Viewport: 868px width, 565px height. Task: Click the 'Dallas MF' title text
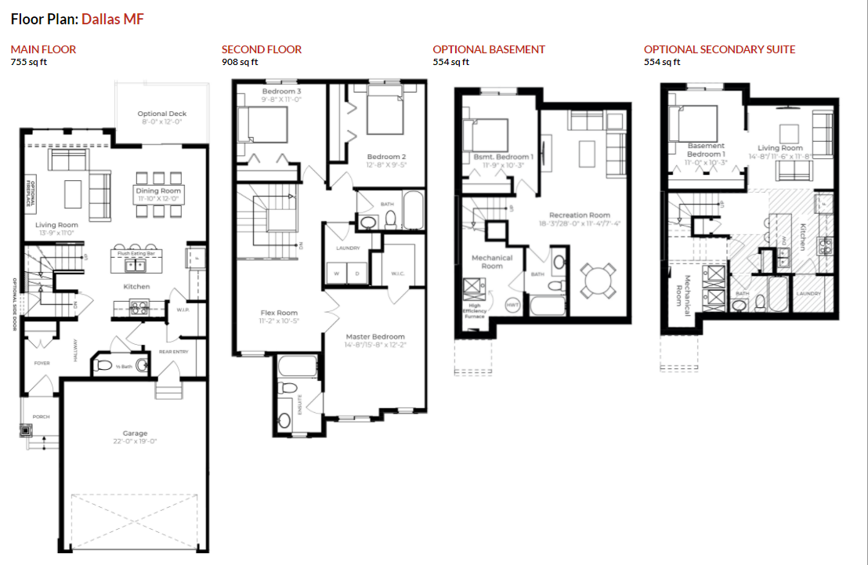tap(112, 19)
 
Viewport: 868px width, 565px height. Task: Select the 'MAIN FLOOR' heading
tap(43, 49)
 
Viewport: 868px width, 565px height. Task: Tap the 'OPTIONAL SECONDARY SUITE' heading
tap(719, 49)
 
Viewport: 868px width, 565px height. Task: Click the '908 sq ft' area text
tap(240, 62)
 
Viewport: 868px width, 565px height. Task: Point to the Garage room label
tap(135, 433)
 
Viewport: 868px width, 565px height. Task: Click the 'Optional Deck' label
tap(162, 114)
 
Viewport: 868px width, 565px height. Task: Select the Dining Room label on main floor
tap(158, 190)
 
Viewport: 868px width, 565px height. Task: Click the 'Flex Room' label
tap(279, 313)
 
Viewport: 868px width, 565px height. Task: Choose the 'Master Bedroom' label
tap(375, 336)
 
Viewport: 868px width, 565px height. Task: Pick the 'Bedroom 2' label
tap(386, 158)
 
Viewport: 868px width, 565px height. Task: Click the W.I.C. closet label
tap(397, 273)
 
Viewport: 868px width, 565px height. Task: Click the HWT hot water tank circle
tap(513, 304)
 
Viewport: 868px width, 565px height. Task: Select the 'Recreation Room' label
tap(580, 215)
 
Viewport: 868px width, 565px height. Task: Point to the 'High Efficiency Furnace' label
tap(474, 311)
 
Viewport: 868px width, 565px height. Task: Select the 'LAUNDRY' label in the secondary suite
tap(808, 294)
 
